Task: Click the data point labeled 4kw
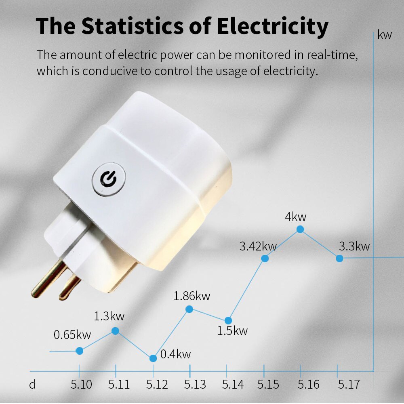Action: (x=300, y=229)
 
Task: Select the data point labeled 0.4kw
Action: (x=153, y=358)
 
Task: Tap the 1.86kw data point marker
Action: (x=189, y=309)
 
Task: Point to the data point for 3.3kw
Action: (x=339, y=258)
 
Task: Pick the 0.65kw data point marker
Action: (x=80, y=351)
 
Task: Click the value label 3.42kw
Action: (x=258, y=246)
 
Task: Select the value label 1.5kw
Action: (x=232, y=331)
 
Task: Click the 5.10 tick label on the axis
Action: (x=81, y=384)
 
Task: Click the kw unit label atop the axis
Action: (x=385, y=35)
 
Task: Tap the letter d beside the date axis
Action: (x=32, y=384)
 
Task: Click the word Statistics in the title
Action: (x=147, y=26)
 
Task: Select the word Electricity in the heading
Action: (x=272, y=26)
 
